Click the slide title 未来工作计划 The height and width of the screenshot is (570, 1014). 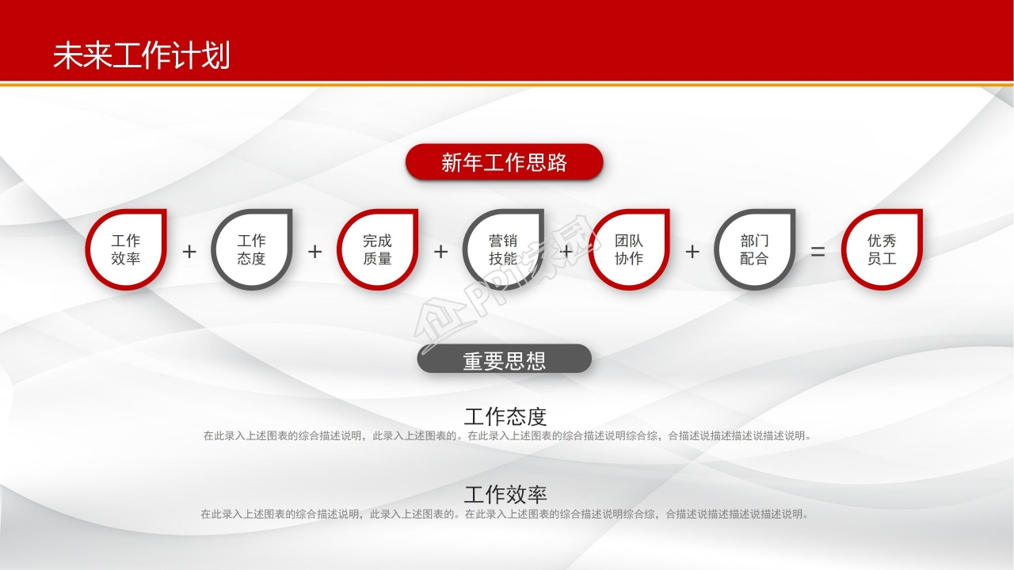(x=141, y=56)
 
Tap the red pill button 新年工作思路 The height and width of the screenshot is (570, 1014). (x=504, y=162)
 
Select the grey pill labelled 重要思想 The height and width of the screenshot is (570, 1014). (x=504, y=360)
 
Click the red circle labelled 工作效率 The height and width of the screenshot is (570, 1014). (x=126, y=249)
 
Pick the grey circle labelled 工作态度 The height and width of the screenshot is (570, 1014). (x=252, y=249)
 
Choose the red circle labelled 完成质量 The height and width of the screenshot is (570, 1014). (x=377, y=249)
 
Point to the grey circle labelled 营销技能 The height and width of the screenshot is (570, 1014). (x=503, y=249)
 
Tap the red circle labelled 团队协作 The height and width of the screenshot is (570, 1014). (x=629, y=249)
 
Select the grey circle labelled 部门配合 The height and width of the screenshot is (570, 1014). (x=754, y=249)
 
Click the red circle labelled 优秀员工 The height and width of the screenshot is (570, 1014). (x=882, y=249)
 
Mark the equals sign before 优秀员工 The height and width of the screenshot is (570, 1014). (x=818, y=252)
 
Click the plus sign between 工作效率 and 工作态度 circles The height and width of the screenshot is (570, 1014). (x=189, y=252)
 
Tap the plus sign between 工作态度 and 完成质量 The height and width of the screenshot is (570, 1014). (x=314, y=252)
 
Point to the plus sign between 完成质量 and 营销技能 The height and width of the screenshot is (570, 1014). (x=440, y=252)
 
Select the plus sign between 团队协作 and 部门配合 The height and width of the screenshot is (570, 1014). (x=692, y=252)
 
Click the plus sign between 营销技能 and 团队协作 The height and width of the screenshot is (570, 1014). (x=566, y=252)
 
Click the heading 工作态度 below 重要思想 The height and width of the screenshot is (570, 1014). (x=505, y=416)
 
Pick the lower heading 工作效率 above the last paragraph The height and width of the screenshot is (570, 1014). (x=505, y=495)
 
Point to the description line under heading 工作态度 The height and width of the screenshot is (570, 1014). (x=507, y=435)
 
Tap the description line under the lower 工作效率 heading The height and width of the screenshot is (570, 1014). (x=505, y=515)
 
